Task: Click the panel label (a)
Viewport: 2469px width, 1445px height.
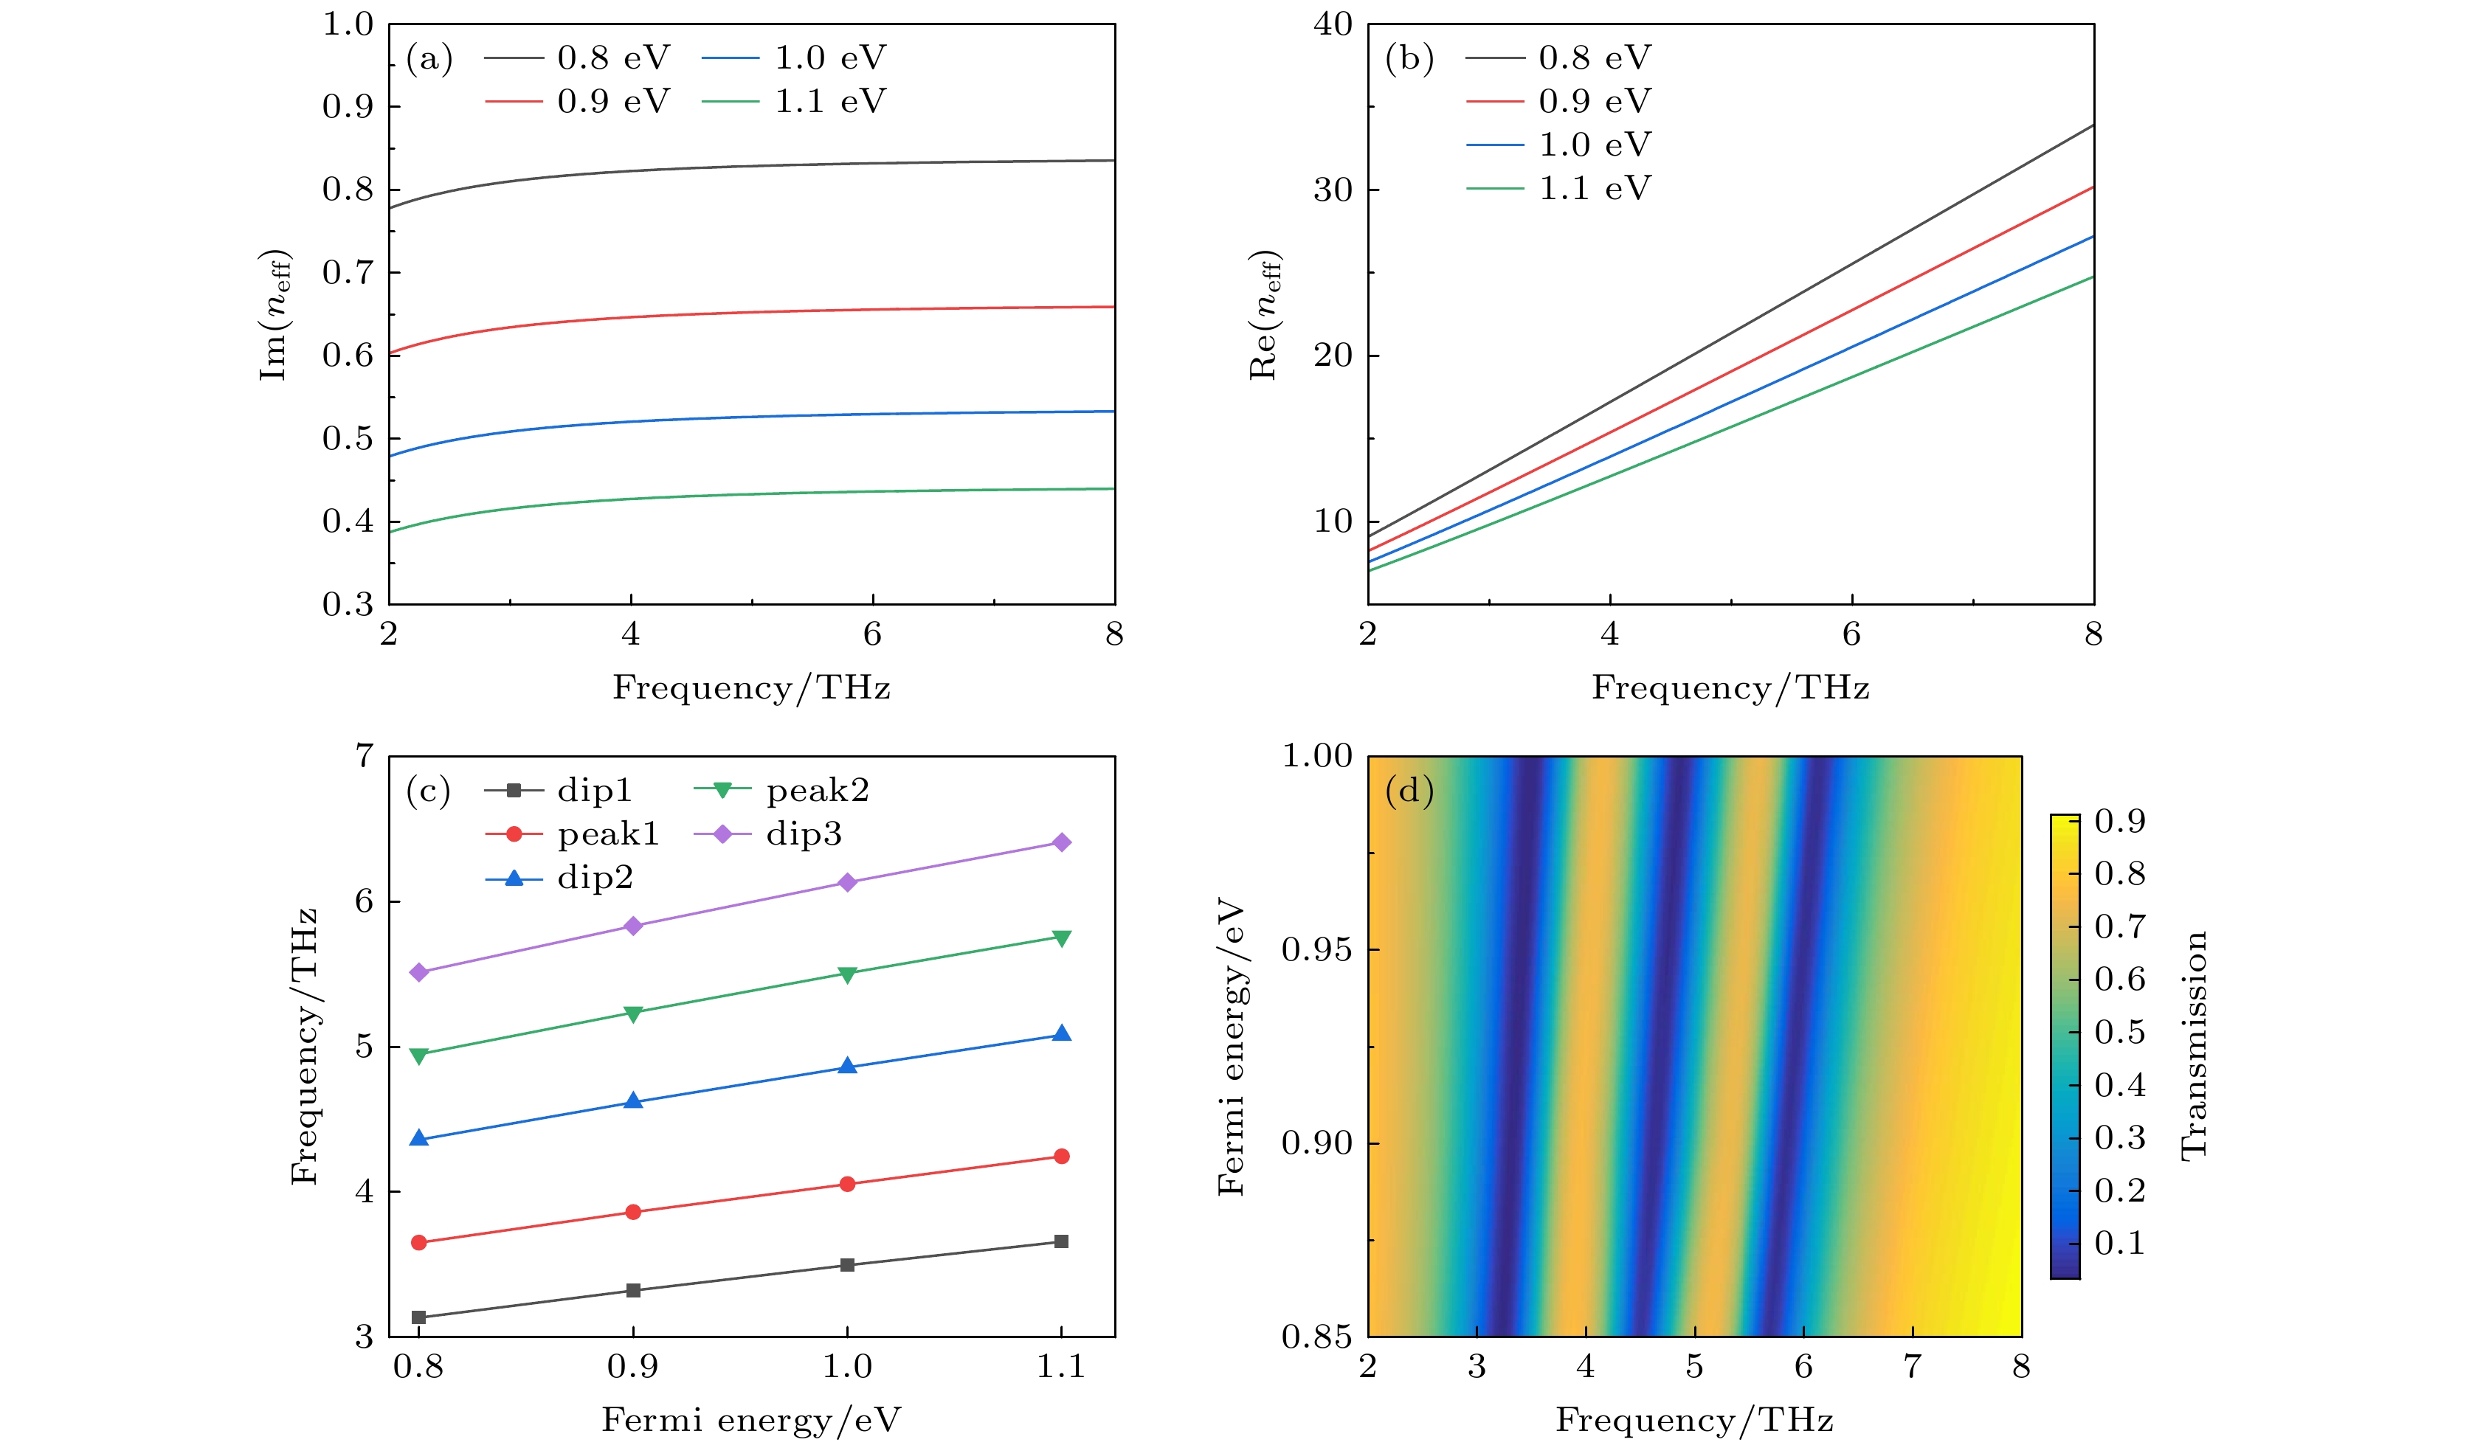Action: click(x=429, y=60)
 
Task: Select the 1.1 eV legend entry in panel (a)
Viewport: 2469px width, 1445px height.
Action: click(x=795, y=102)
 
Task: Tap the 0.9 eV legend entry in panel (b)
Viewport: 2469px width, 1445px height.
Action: click(x=1558, y=102)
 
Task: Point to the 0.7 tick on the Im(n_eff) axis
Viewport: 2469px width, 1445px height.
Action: click(x=349, y=272)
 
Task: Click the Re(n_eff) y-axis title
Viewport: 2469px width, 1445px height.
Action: click(x=1264, y=314)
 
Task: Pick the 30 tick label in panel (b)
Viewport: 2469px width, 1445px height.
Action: click(x=1333, y=190)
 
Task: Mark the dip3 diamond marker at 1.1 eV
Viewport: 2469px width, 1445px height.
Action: click(x=1061, y=842)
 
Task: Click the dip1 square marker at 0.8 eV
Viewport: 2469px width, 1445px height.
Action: click(x=419, y=1317)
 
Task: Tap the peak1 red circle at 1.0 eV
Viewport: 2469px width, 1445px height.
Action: click(x=848, y=1183)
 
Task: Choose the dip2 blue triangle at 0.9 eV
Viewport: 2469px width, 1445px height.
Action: click(x=633, y=1101)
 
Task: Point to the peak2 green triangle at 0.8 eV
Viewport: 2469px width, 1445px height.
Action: click(x=419, y=1055)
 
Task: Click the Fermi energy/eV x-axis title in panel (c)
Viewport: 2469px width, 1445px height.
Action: click(x=751, y=1419)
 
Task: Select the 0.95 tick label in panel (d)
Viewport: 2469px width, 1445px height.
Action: click(x=1317, y=949)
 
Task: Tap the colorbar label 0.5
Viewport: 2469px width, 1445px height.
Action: click(x=2119, y=1032)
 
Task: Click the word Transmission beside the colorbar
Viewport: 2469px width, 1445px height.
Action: click(x=2195, y=1045)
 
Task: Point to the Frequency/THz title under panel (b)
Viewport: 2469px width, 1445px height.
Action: click(x=1730, y=687)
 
